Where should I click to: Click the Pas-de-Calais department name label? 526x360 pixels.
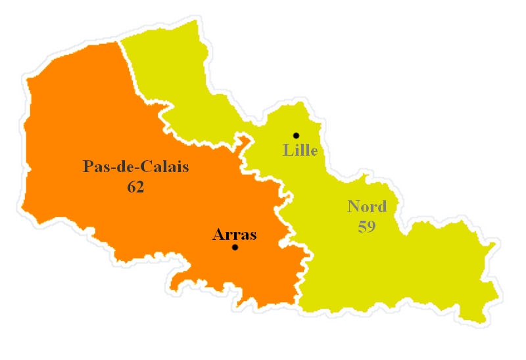[136, 167]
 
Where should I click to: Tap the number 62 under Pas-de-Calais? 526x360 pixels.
[136, 187]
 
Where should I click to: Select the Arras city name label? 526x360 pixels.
[234, 235]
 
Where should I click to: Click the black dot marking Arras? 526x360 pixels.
[235, 248]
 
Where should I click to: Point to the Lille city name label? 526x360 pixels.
[300, 150]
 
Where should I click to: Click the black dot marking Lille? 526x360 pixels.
[296, 135]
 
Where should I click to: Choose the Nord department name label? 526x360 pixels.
[367, 207]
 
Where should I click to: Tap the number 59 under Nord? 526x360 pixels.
[367, 227]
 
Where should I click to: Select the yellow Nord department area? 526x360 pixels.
[394, 276]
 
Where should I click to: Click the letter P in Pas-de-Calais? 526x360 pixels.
[88, 167]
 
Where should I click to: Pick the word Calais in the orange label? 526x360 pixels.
[167, 167]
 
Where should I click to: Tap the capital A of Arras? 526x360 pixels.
[218, 235]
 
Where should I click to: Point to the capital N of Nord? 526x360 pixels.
[353, 207]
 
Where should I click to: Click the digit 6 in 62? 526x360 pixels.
[131, 187]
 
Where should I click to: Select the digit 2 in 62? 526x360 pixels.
[140, 187]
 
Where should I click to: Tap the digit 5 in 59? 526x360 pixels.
[362, 227]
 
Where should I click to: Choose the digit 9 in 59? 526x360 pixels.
[371, 227]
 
